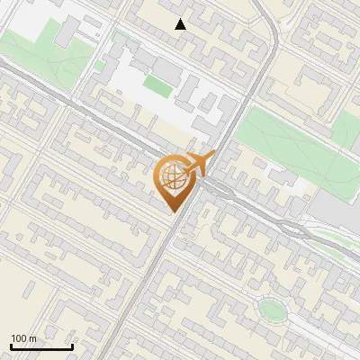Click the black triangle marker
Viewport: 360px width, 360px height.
click(x=181, y=23)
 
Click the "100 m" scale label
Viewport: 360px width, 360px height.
click(x=23, y=338)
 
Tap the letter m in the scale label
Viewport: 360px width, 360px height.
click(x=32, y=338)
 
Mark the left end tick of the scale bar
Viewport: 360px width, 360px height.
click(x=11, y=346)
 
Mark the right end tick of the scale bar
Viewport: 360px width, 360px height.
click(x=72, y=346)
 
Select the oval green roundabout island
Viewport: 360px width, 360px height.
click(x=271, y=310)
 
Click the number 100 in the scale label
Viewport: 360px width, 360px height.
click(x=19, y=338)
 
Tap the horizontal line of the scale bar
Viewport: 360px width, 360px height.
click(x=41, y=346)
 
